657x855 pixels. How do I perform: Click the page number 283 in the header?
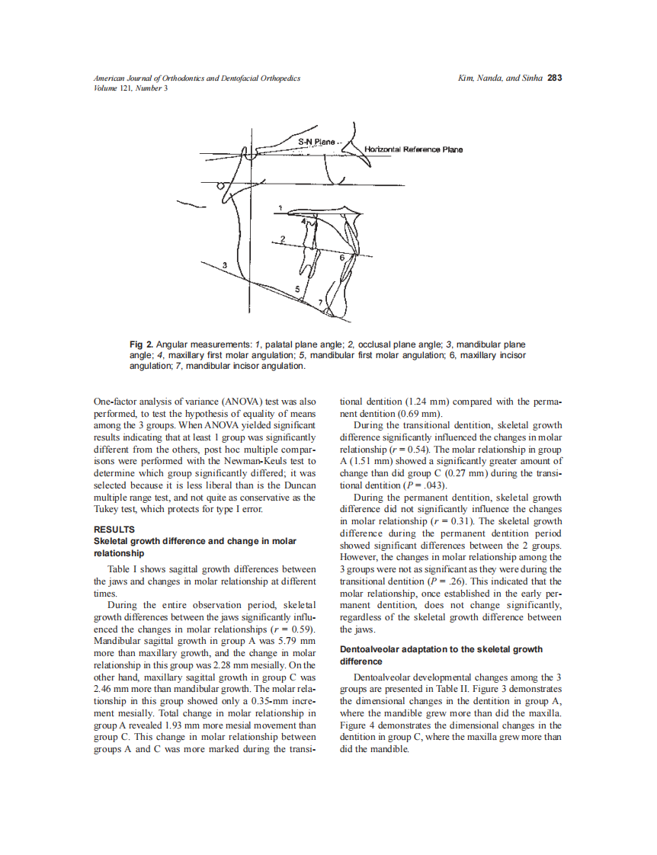(555, 78)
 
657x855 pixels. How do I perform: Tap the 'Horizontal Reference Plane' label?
(414, 149)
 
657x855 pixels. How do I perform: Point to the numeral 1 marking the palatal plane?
(280, 207)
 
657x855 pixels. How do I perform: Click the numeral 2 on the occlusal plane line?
(282, 239)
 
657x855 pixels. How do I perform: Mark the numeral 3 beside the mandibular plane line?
(224, 264)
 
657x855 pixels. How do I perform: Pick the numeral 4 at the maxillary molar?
(303, 221)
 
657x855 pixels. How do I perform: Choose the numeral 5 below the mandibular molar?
(296, 287)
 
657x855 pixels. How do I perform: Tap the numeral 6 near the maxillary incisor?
(341, 258)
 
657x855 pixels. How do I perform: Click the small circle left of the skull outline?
(221, 185)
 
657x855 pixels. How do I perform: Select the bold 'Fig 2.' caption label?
(142, 345)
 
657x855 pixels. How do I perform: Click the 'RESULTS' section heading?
(114, 529)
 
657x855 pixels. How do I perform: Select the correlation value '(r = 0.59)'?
(294, 629)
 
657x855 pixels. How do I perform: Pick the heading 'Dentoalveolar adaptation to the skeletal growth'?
(441, 649)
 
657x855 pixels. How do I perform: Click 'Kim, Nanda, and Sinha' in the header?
(499, 78)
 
